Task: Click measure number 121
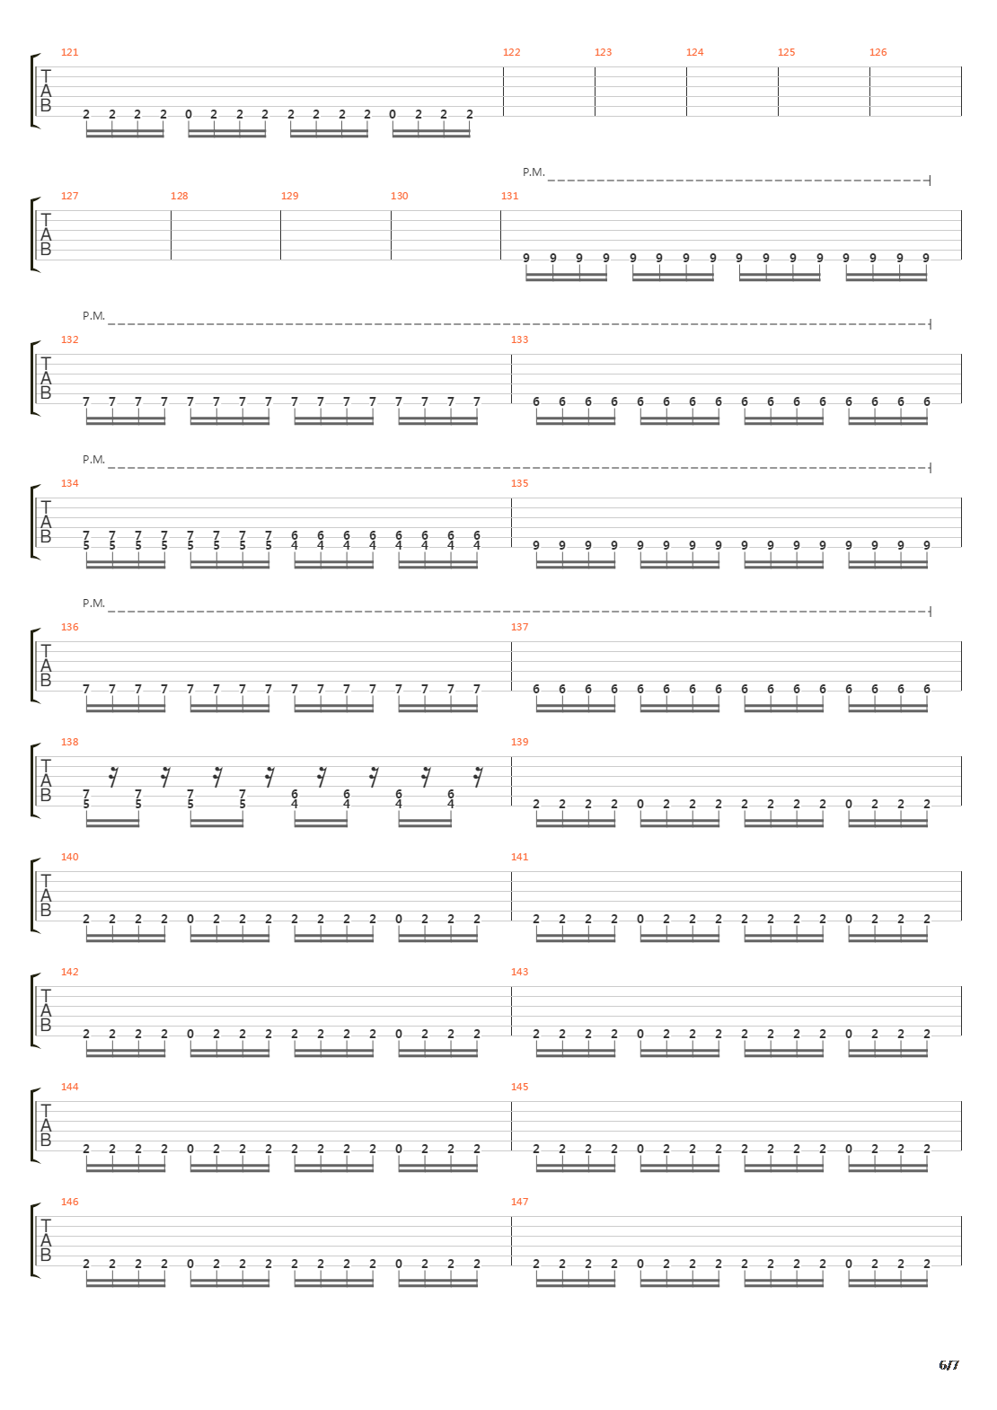[x=69, y=52]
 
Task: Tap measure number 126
[x=878, y=52]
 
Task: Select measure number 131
[x=510, y=196]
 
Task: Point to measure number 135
[x=519, y=483]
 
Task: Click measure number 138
[x=69, y=742]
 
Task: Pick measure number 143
[x=519, y=972]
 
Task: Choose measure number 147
[x=519, y=1202]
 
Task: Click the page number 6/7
[x=948, y=1365]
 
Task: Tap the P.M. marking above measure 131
[x=534, y=172]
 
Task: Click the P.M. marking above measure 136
[x=93, y=604]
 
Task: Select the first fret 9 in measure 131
[x=526, y=258]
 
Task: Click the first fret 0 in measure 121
[x=189, y=115]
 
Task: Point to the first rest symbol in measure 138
[x=113, y=778]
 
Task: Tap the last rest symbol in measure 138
[x=478, y=778]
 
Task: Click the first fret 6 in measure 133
[x=536, y=401]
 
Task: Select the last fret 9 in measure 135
[x=927, y=545]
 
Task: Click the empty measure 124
[x=732, y=92]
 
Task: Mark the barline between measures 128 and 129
[x=281, y=234]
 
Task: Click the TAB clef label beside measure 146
[x=45, y=1240]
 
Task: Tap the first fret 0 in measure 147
[x=640, y=1264]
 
